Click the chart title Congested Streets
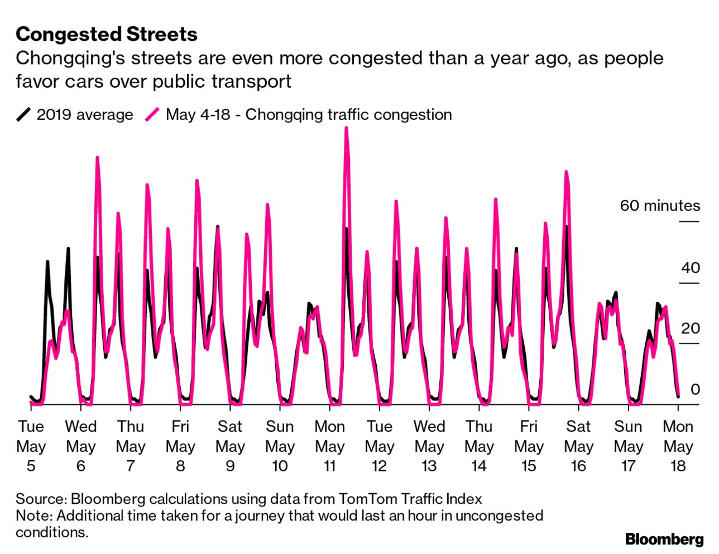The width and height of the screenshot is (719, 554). pyautogui.click(x=107, y=34)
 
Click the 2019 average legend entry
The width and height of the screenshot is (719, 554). pyautogui.click(x=75, y=114)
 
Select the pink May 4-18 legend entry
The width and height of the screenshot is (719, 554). pyautogui.click(x=299, y=114)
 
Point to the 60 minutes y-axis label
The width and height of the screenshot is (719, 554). pyautogui.click(x=659, y=206)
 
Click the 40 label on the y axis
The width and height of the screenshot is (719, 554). pyautogui.click(x=690, y=268)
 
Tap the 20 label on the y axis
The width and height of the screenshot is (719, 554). pyautogui.click(x=690, y=328)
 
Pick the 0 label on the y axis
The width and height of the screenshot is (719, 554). pyautogui.click(x=694, y=389)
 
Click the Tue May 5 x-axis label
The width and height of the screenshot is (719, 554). pyautogui.click(x=31, y=446)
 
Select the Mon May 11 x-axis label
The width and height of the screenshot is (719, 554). pyautogui.click(x=329, y=446)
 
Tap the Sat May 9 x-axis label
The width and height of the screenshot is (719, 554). pyautogui.click(x=230, y=446)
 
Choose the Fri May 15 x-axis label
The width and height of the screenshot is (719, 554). pyautogui.click(x=528, y=446)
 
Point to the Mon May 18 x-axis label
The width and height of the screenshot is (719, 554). pyautogui.click(x=678, y=446)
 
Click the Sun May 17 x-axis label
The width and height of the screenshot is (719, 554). pyautogui.click(x=628, y=446)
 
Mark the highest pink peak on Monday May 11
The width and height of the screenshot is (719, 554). pyautogui.click(x=346, y=129)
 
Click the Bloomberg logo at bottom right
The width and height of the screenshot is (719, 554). pyautogui.click(x=664, y=539)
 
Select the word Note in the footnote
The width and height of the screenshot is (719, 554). pyautogui.click(x=32, y=515)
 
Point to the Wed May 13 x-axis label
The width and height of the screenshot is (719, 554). pyautogui.click(x=429, y=446)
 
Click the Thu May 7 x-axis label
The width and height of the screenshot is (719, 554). pyautogui.click(x=131, y=446)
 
